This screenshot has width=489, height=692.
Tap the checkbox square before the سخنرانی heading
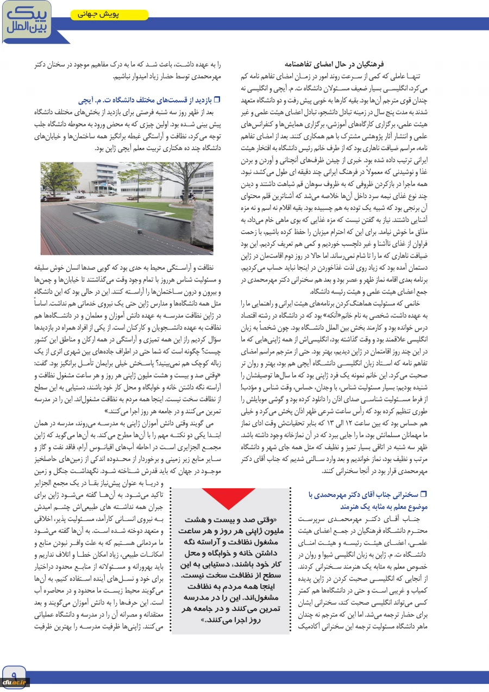point(425,494)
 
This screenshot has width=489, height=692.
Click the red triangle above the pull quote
point(228,496)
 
